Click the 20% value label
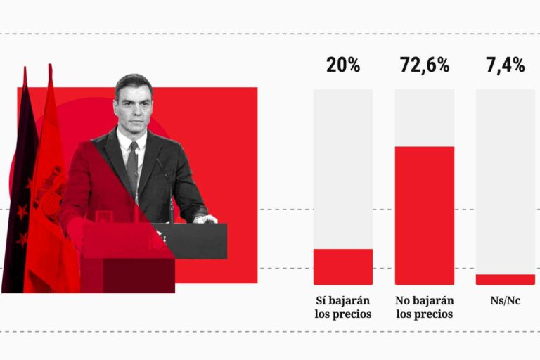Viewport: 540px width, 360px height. [x=343, y=66]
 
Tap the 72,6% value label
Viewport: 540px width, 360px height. [x=424, y=66]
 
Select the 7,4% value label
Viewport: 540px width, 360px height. [x=506, y=66]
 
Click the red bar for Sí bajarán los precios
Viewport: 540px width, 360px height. [x=343, y=266]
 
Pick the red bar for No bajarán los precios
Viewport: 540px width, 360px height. [x=424, y=215]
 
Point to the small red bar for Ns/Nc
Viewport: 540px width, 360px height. [x=506, y=279]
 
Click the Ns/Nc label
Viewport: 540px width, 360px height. [x=506, y=301]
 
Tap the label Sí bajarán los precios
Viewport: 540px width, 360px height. [x=343, y=307]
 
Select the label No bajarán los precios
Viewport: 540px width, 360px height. [x=424, y=307]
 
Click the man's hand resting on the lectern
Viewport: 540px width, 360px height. [x=205, y=219]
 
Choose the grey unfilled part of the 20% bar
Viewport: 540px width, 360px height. [x=343, y=169]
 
